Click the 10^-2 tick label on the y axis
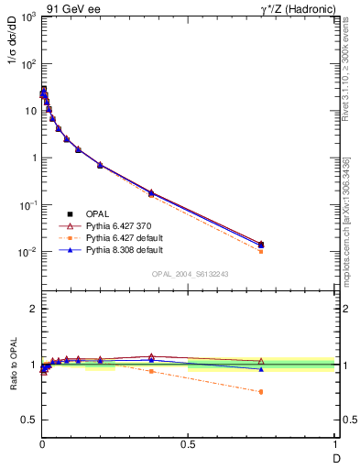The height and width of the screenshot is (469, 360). pyautogui.click(x=27, y=252)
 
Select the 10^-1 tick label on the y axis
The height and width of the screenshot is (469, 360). pyautogui.click(x=27, y=205)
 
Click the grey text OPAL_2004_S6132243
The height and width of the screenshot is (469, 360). pyautogui.click(x=190, y=274)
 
